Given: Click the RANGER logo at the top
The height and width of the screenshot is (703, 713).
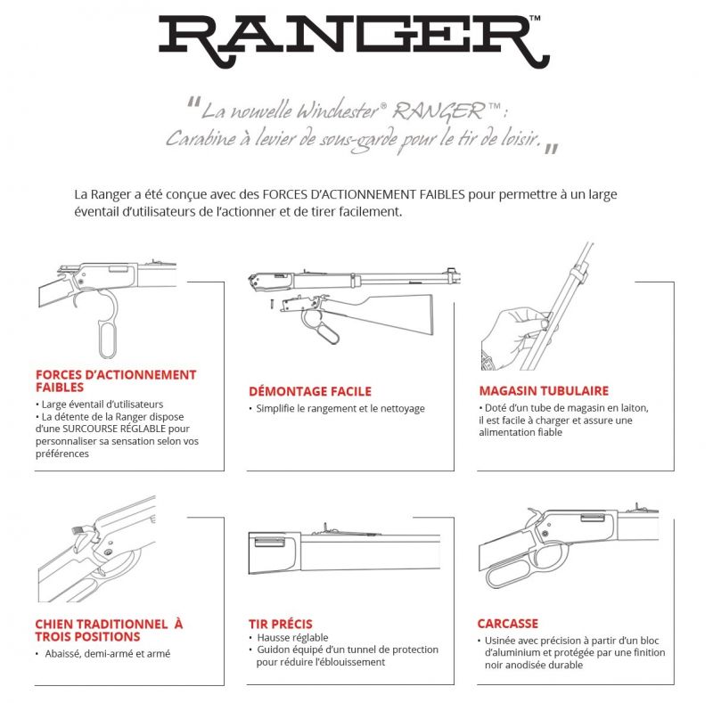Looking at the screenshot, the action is pyautogui.click(x=354, y=41).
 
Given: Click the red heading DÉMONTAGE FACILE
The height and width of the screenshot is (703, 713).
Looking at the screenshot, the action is pyautogui.click(x=310, y=391).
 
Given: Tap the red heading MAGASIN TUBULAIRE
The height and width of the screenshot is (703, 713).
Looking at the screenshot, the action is pyautogui.click(x=544, y=390).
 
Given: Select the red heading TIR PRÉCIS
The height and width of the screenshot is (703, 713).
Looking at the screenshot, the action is pyautogui.click(x=281, y=624).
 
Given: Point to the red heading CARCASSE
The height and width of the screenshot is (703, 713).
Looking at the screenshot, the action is pyautogui.click(x=508, y=624).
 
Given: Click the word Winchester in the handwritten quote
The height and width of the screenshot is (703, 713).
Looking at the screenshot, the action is pyautogui.click(x=337, y=110).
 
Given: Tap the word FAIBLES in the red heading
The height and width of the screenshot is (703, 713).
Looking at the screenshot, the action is pyautogui.click(x=60, y=388).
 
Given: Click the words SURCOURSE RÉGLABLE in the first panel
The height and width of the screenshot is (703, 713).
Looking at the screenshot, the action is pyautogui.click(x=114, y=429).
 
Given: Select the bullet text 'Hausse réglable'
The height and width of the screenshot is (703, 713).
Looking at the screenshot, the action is pyautogui.click(x=292, y=638).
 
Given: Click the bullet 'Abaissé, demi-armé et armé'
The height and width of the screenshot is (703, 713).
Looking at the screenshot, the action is pyautogui.click(x=107, y=654).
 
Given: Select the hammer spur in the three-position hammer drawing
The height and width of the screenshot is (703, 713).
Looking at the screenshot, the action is pyautogui.click(x=78, y=530).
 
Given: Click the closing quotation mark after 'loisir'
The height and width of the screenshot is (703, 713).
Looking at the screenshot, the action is pyautogui.click(x=551, y=149).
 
